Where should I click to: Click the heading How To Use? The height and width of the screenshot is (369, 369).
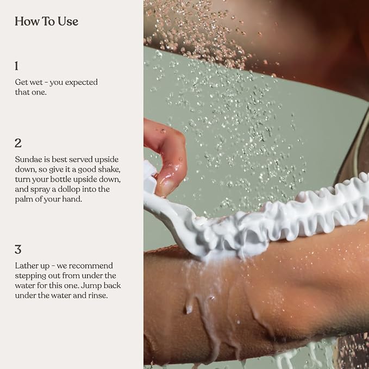(x=46, y=21)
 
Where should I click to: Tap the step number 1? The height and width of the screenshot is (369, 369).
(x=16, y=66)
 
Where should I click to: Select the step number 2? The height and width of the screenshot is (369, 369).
(x=18, y=143)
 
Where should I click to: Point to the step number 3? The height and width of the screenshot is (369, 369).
(x=18, y=249)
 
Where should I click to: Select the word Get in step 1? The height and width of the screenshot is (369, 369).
(x=21, y=82)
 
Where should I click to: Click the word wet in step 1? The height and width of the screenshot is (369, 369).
(x=35, y=83)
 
